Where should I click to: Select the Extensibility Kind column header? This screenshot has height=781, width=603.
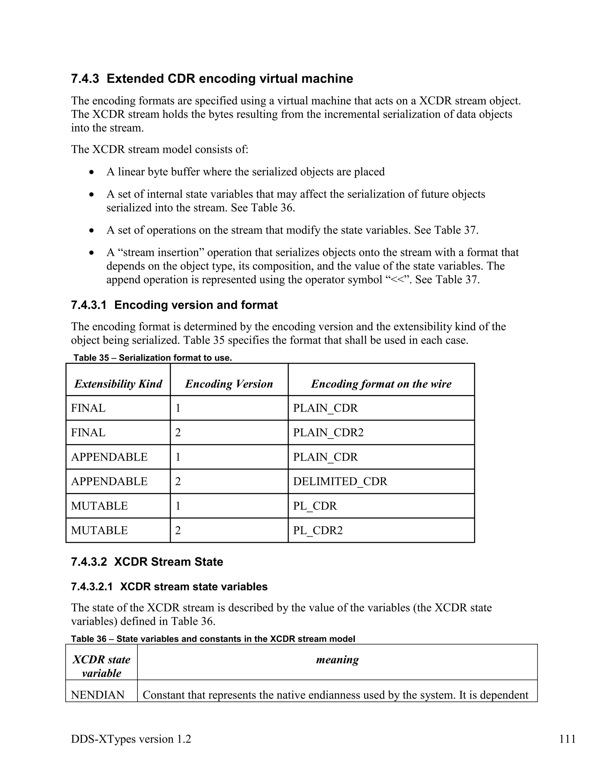(118, 384)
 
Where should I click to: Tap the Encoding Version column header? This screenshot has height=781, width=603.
(229, 384)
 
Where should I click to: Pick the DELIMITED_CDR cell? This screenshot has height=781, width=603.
(340, 481)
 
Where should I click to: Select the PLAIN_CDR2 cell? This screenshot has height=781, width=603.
(328, 433)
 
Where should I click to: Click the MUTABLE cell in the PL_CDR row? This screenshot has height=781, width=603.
(99, 506)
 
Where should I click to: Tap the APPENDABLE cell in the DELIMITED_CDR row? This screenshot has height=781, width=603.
(109, 481)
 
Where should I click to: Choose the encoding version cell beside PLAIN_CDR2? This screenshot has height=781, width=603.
(178, 433)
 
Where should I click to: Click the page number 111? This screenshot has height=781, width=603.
(567, 739)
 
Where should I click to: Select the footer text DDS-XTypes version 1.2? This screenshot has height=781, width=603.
(131, 739)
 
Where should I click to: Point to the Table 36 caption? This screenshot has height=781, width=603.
(213, 639)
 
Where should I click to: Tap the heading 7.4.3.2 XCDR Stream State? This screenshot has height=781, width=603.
(147, 562)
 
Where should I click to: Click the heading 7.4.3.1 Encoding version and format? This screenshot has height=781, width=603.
(174, 305)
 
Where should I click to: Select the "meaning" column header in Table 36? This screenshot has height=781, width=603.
(337, 659)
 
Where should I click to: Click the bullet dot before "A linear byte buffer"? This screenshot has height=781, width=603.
(92, 172)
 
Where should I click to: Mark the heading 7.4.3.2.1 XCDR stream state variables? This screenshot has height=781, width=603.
(169, 587)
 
